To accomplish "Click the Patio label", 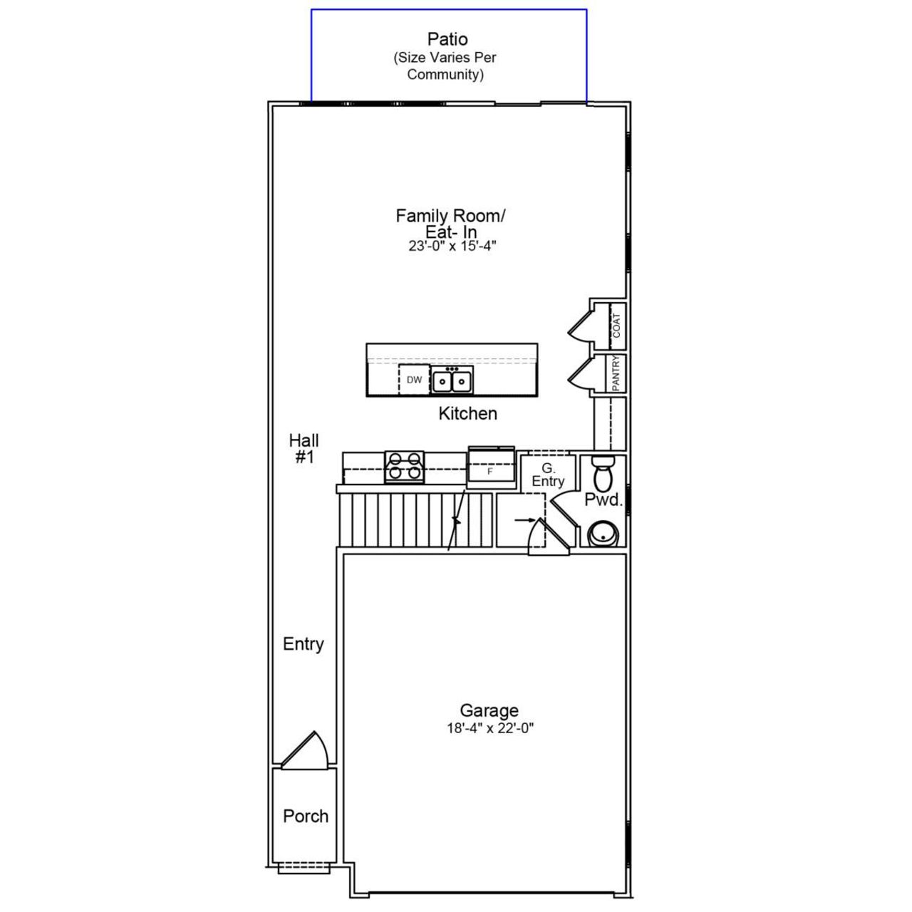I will point(447,39).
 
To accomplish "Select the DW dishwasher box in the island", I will point(414,380).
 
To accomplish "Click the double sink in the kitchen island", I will point(452,381).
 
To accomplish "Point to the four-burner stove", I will point(404,467).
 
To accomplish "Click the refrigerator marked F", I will point(490,470).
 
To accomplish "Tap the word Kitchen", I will point(467,413).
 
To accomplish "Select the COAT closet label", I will point(616,326).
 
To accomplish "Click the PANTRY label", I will point(616,372).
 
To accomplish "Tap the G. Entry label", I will point(547,475).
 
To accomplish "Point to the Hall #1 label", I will point(304,448).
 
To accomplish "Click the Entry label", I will point(304,644).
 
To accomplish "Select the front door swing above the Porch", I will point(308,750).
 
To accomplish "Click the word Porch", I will point(306,816).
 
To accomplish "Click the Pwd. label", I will point(603,500).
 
